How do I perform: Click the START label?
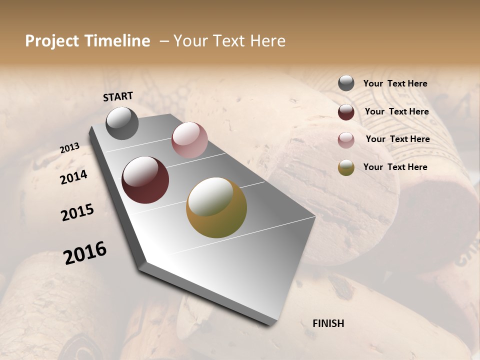pos(118,96)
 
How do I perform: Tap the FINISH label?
pos(328,323)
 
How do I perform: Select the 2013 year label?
pos(70,148)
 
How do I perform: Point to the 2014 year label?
pos(74,177)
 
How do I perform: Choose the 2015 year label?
pos(77,212)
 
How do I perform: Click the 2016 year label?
pos(85,252)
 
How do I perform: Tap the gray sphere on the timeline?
pos(122,123)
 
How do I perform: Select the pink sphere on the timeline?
pos(189,140)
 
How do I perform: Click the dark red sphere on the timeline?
pos(145,180)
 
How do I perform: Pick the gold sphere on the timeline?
pos(216,207)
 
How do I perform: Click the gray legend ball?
pos(346,83)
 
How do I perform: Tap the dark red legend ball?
pos(346,112)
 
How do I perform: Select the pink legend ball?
pos(346,140)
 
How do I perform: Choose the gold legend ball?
pos(346,167)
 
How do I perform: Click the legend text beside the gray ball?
pos(395,84)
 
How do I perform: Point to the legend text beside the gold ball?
pos(395,167)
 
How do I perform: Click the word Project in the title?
pos(52,41)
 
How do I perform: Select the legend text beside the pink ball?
pos(397,139)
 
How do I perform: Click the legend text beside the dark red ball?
pos(396,111)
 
